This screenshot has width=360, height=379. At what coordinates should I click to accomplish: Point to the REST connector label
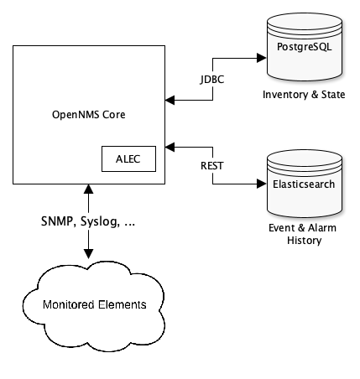211,164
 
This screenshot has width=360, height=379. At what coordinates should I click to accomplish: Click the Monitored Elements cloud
90,303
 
